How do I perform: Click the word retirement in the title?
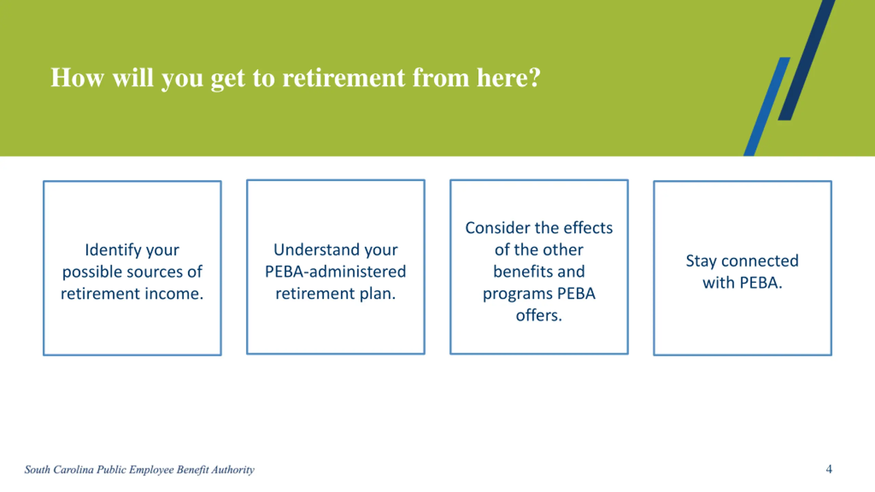[344, 78]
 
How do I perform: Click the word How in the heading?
[77, 78]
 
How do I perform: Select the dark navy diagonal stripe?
[807, 60]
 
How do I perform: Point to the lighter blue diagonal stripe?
[767, 107]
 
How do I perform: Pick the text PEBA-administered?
[336, 272]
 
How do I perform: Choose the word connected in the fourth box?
[760, 261]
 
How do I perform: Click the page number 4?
[829, 469]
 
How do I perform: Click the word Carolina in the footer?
[73, 469]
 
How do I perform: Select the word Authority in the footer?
[233, 470]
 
